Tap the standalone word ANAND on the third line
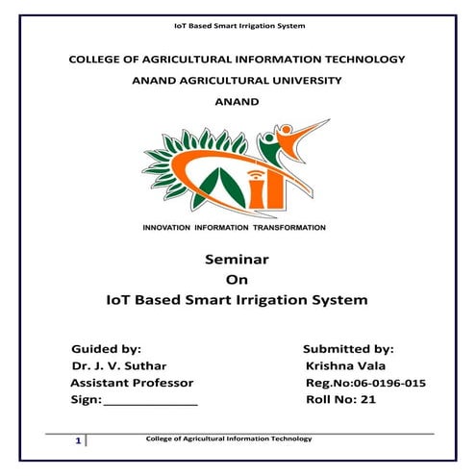(237, 102)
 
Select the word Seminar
(237, 260)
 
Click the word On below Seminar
(237, 280)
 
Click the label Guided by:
(107, 349)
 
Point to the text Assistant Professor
(132, 383)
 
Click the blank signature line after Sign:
(149, 402)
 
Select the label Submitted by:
(348, 349)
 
